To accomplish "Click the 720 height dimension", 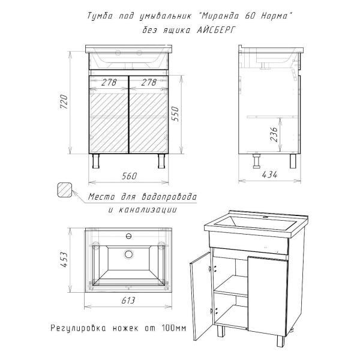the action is (x=64, y=102).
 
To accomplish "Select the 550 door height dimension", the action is (x=175, y=114).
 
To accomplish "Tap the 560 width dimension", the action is (x=129, y=176).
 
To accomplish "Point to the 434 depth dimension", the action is (x=269, y=175).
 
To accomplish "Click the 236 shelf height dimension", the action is (x=274, y=134).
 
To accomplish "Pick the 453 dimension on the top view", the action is (x=64, y=260).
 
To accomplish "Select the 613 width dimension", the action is (x=128, y=301).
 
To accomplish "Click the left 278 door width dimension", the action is (x=109, y=82).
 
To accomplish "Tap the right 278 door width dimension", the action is (x=149, y=82).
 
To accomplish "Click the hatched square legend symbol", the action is (x=64, y=190).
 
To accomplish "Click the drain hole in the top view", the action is (x=128, y=254).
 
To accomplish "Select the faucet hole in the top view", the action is (x=129, y=236).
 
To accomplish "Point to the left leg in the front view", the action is (x=95, y=161).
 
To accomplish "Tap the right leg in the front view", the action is (x=161, y=161).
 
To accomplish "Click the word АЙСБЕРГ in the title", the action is (x=216, y=30).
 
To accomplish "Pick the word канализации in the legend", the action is (x=148, y=210).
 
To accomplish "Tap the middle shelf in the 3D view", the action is (x=230, y=287).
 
